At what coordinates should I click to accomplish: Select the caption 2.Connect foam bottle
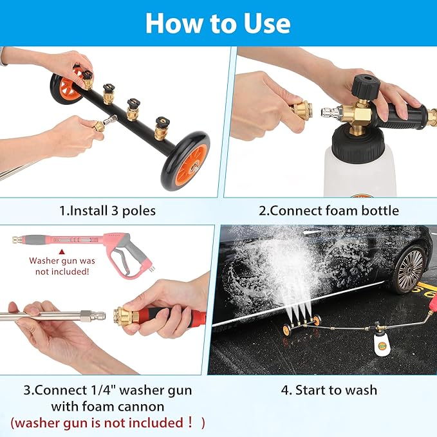point(329,210)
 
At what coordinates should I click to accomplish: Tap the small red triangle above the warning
point(61,252)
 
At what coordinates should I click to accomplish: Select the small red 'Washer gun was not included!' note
point(61,266)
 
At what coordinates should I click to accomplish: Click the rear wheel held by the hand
point(66,88)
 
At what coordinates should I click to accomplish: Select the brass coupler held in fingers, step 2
point(301,109)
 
